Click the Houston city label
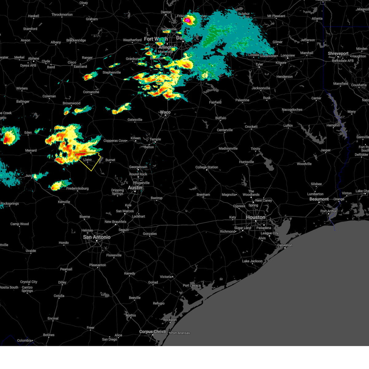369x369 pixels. tap(256, 217)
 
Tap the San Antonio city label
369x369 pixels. tap(97, 237)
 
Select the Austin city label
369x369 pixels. tap(135, 188)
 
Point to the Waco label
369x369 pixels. tap(165, 112)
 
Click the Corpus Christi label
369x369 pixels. tap(153, 331)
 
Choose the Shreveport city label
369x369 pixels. tap(338, 54)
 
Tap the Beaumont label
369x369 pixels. tap(319, 199)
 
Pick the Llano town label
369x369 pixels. tap(88, 160)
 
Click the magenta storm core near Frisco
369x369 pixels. tap(187, 20)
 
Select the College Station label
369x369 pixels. tap(207, 167)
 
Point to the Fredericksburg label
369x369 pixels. tap(77, 188)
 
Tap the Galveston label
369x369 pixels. tap(285, 245)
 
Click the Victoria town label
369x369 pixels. tap(165, 277)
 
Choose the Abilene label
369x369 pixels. tap(34, 58)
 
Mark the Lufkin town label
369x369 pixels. tap(288, 125)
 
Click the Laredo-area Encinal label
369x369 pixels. tap(53, 318)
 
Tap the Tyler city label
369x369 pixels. tap(259, 65)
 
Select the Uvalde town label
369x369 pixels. tap(31, 251)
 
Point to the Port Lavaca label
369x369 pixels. tap(192, 285)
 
